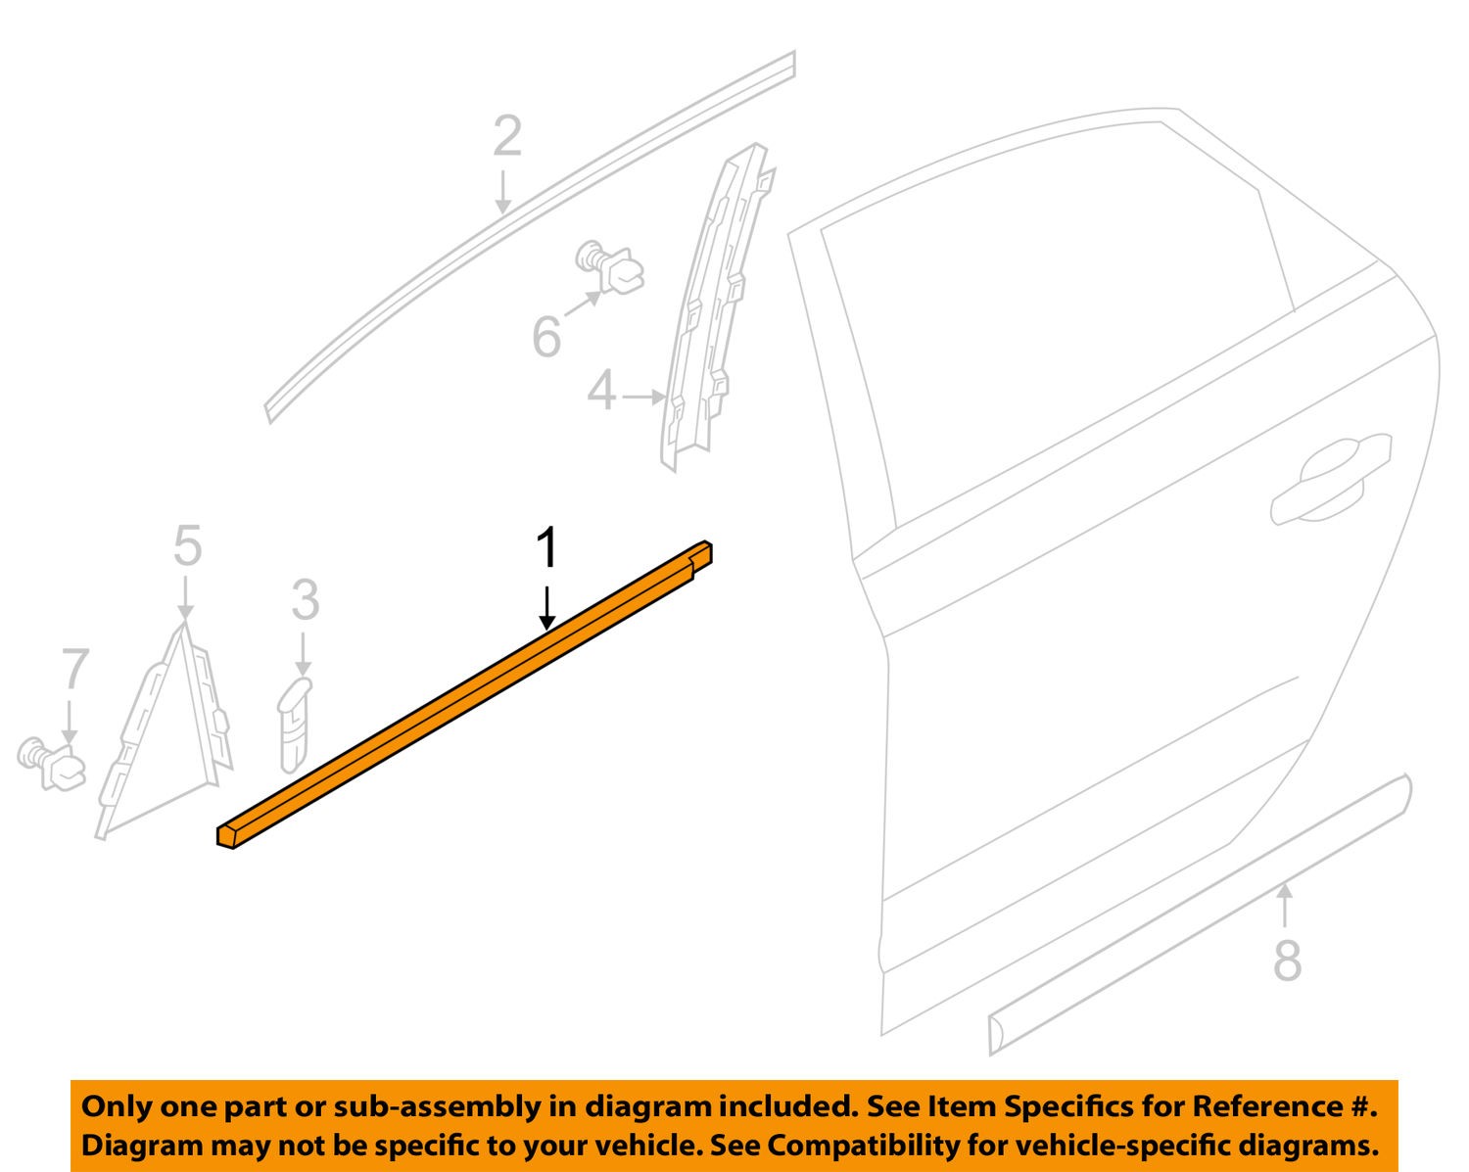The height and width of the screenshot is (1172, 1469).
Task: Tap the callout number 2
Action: [x=507, y=136]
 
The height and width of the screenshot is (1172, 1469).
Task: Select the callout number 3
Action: [x=306, y=600]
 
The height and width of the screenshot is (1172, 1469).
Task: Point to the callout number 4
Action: [x=601, y=392]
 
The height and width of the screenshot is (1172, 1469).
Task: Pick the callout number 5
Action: [x=188, y=545]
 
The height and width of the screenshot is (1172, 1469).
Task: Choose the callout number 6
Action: [x=546, y=336]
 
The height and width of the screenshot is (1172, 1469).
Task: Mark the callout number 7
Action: [x=75, y=669]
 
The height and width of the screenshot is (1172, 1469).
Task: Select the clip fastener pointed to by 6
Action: [x=609, y=266]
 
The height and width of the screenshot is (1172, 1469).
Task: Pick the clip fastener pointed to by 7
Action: [x=52, y=763]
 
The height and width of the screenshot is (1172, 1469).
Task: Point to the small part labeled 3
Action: [x=294, y=725]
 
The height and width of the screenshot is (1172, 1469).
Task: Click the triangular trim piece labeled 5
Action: [x=164, y=730]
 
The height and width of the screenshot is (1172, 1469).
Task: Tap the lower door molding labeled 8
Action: [x=1200, y=914]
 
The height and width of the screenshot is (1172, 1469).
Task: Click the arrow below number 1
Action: [x=546, y=608]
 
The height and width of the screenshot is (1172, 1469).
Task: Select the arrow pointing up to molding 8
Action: [x=1285, y=905]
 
